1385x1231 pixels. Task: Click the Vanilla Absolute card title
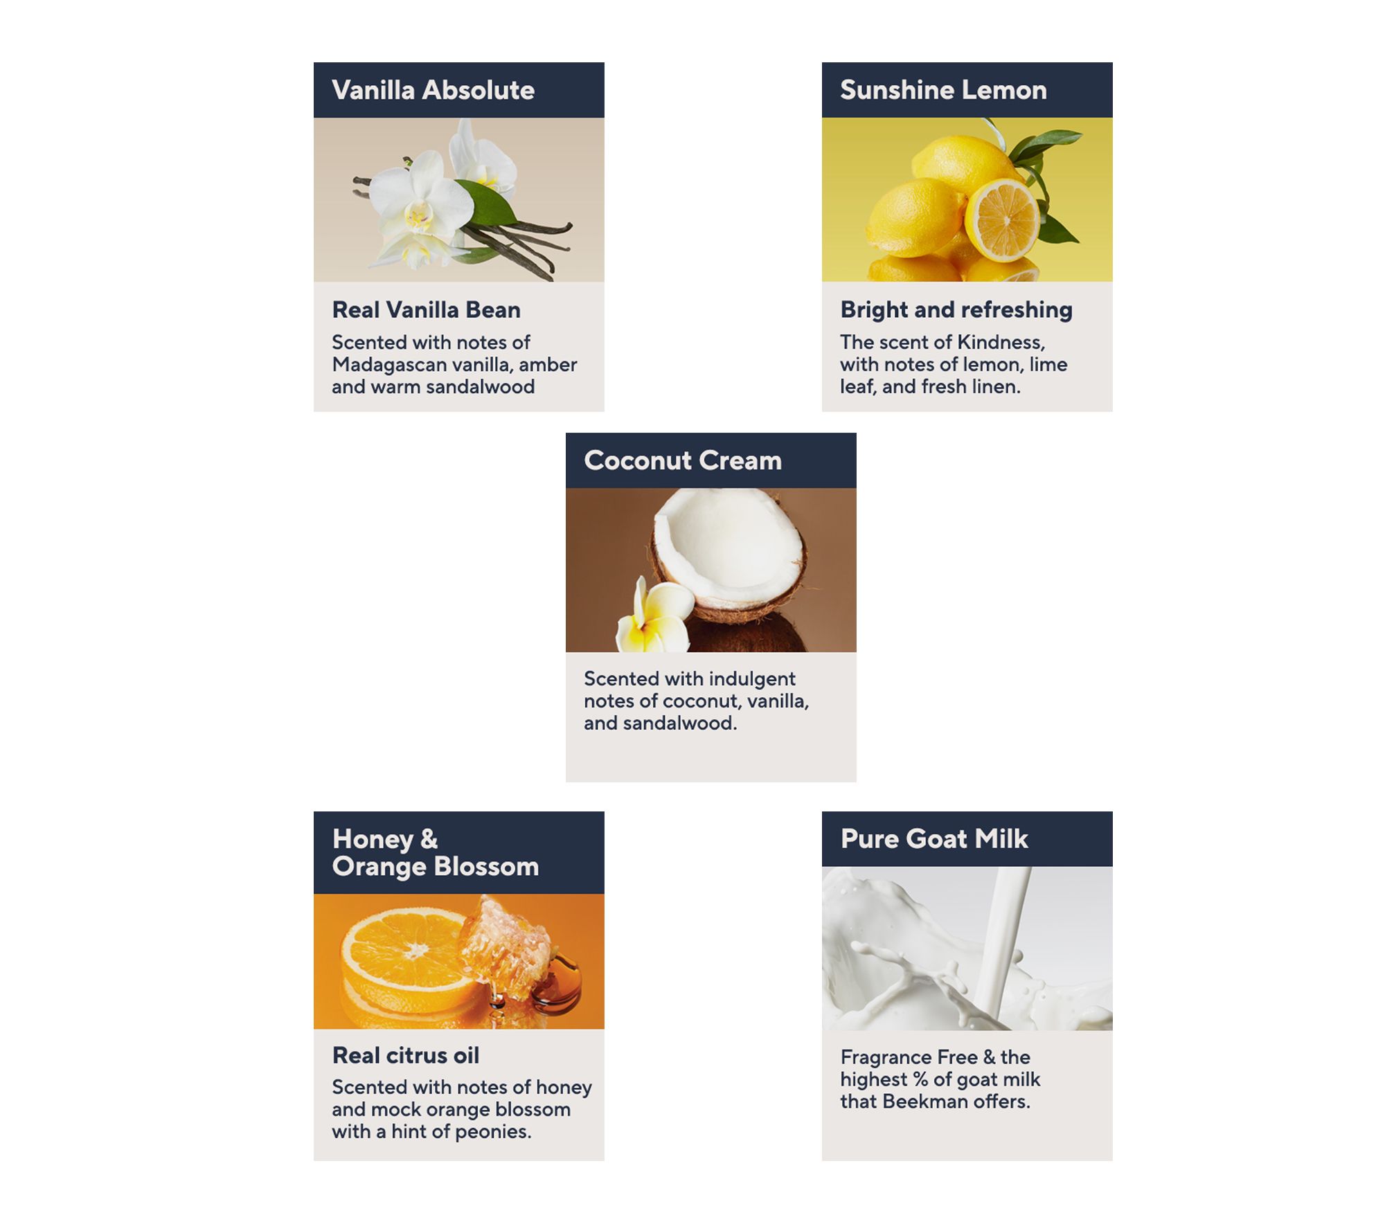[433, 90]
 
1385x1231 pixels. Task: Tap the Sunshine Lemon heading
[943, 90]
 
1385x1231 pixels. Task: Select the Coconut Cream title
[683, 460]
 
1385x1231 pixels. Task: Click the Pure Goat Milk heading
[934, 838]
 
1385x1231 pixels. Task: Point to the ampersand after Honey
[429, 838]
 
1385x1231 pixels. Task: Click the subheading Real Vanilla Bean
[426, 309]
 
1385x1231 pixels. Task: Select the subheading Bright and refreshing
[956, 309]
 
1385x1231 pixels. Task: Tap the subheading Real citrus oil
[406, 1055]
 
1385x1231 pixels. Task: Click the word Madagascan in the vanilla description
[389, 365]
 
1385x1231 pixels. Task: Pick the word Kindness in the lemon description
[1001, 342]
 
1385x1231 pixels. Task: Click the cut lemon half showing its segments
[1002, 219]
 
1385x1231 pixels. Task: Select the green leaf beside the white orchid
[485, 204]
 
